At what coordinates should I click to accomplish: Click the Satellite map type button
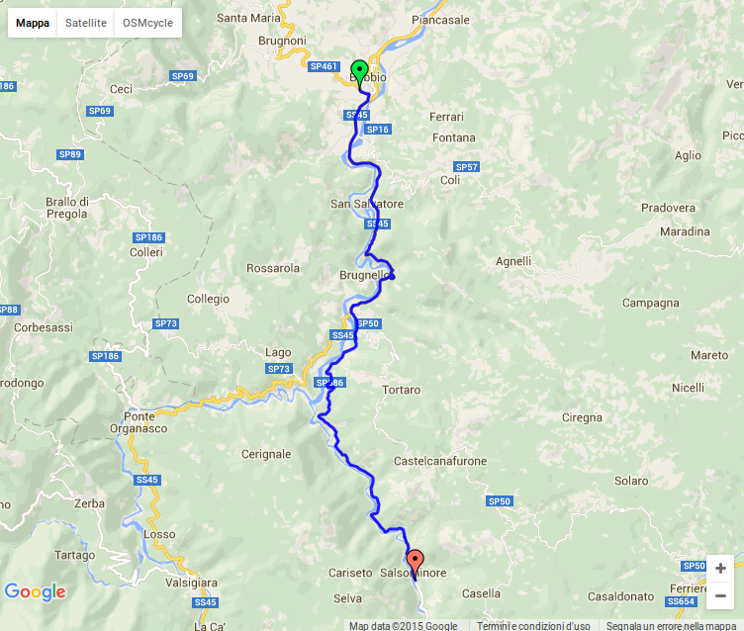[86, 23]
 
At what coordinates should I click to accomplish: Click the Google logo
[35, 592]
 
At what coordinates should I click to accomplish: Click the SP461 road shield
[324, 67]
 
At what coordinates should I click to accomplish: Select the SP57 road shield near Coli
[466, 167]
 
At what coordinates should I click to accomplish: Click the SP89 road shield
[70, 154]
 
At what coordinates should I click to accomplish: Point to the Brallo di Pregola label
[67, 208]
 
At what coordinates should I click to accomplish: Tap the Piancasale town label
[441, 19]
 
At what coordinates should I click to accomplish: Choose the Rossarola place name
[273, 268]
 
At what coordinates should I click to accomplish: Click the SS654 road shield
[682, 601]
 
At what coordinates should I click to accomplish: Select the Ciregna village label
[582, 418]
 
